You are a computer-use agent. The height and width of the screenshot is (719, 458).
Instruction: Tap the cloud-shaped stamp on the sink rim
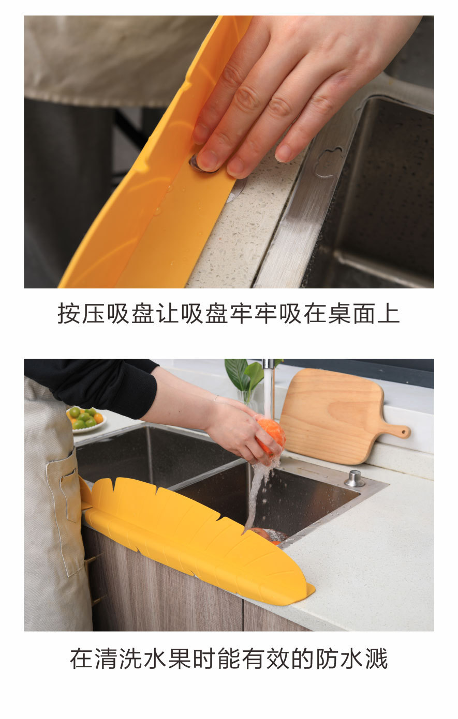[329, 161]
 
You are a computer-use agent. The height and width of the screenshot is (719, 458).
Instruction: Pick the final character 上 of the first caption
[389, 314]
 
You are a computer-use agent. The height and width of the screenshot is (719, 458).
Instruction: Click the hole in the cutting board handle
[399, 431]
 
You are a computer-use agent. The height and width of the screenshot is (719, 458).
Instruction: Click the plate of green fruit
[85, 418]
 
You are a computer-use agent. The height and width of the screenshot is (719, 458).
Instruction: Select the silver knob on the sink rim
[355, 478]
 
